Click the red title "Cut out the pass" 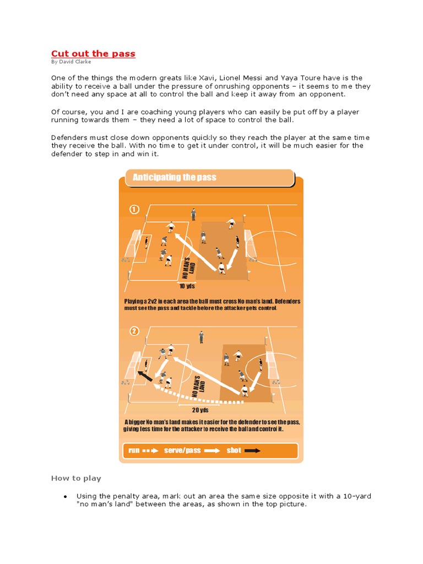point(93,53)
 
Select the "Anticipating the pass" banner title point(175,177)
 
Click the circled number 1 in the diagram point(134,209)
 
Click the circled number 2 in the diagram point(134,331)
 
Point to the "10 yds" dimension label point(187,286)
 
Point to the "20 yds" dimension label point(199,409)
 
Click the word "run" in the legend point(134,451)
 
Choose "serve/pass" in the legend point(182,451)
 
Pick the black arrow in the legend point(253,451)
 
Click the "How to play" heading point(76,478)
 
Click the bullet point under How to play point(65,496)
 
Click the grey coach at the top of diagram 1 point(193,214)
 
